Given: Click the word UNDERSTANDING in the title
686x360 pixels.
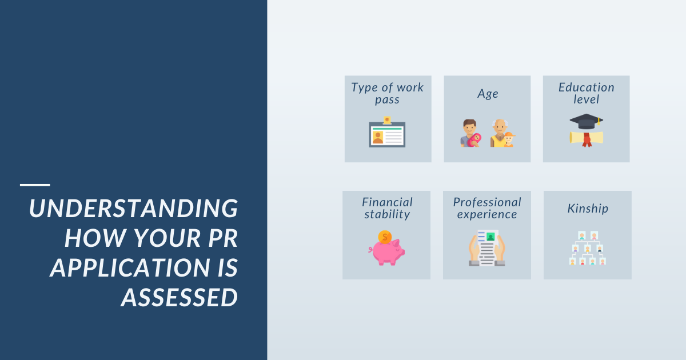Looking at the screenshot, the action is pos(134,208).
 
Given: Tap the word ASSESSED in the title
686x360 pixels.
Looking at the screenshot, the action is pos(180,297).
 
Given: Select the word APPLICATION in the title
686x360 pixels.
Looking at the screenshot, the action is pos(130,267).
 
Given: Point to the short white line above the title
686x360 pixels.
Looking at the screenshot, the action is pos(35,185).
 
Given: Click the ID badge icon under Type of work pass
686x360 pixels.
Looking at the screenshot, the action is pos(387,132).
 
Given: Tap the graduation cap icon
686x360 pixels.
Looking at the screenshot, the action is pos(586,121).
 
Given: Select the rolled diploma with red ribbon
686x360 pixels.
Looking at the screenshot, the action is pos(586,138).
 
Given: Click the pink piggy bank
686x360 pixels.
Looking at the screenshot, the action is pos(386,252).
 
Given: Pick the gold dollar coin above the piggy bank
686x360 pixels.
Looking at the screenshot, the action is pos(385,237).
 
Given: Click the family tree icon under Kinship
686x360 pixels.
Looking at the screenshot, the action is pos(588,248).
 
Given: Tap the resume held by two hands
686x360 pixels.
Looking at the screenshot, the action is pos(487,248).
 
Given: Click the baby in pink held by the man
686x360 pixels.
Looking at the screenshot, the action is pos(474,140).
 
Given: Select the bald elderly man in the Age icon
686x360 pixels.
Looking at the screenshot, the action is pos(498,133).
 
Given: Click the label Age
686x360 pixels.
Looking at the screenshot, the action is pos(488,94).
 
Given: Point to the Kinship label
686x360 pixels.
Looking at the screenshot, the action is pos(588,209).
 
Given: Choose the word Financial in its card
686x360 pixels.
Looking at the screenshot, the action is pos(387,202).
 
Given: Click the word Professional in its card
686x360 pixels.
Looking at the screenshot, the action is pos(487,202).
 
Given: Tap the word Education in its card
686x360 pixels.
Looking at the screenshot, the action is pos(586,87).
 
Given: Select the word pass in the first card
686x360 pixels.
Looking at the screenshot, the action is pos(387,100).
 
